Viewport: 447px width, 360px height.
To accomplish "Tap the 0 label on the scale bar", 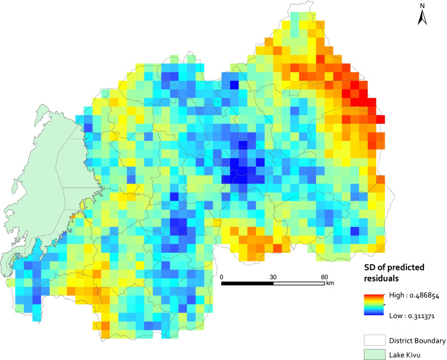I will (222, 276).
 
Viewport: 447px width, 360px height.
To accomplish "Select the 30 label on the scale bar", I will (273, 276).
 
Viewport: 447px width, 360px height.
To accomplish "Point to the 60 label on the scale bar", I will (324, 276).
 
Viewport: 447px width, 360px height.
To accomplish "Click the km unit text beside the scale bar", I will (330, 283).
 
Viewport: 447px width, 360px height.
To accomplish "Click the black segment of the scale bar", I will (247, 283).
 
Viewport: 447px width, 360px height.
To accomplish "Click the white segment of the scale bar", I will (299, 283).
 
